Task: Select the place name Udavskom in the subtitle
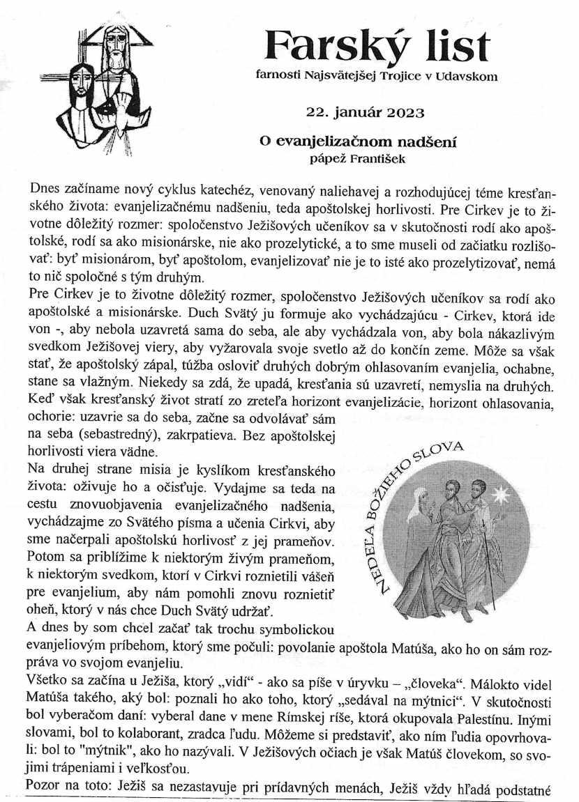pos(467,76)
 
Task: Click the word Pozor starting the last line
pos(44,786)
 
